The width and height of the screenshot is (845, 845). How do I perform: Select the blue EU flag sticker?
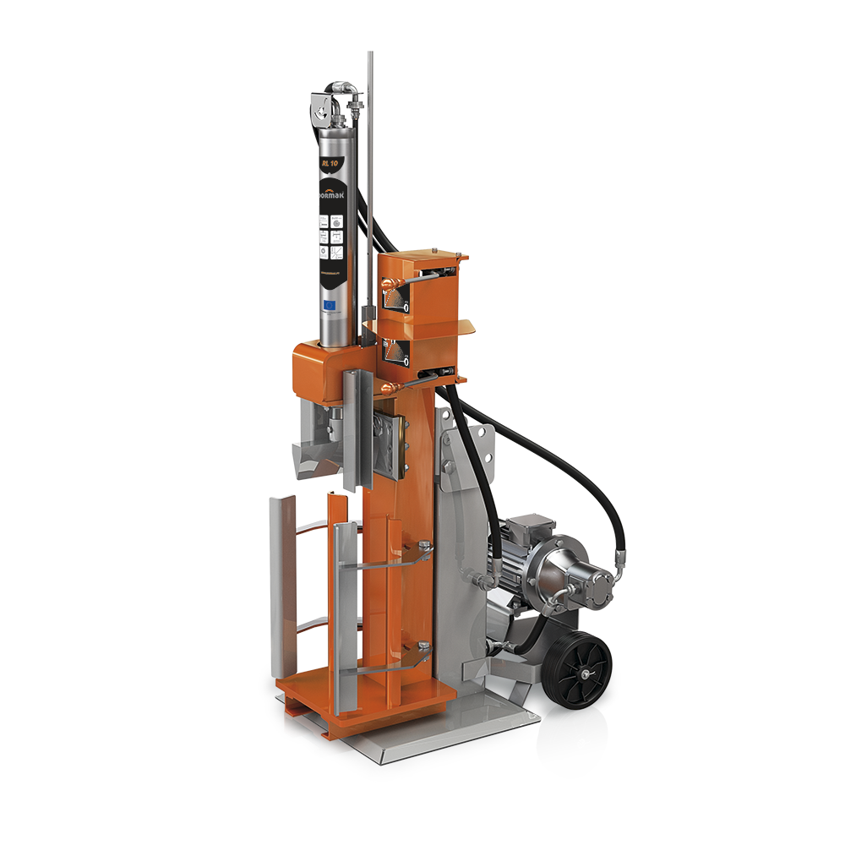[x=331, y=303]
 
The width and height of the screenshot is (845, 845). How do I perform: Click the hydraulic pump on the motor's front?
[x=575, y=584]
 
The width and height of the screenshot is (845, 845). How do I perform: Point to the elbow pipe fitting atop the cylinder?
[x=341, y=95]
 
